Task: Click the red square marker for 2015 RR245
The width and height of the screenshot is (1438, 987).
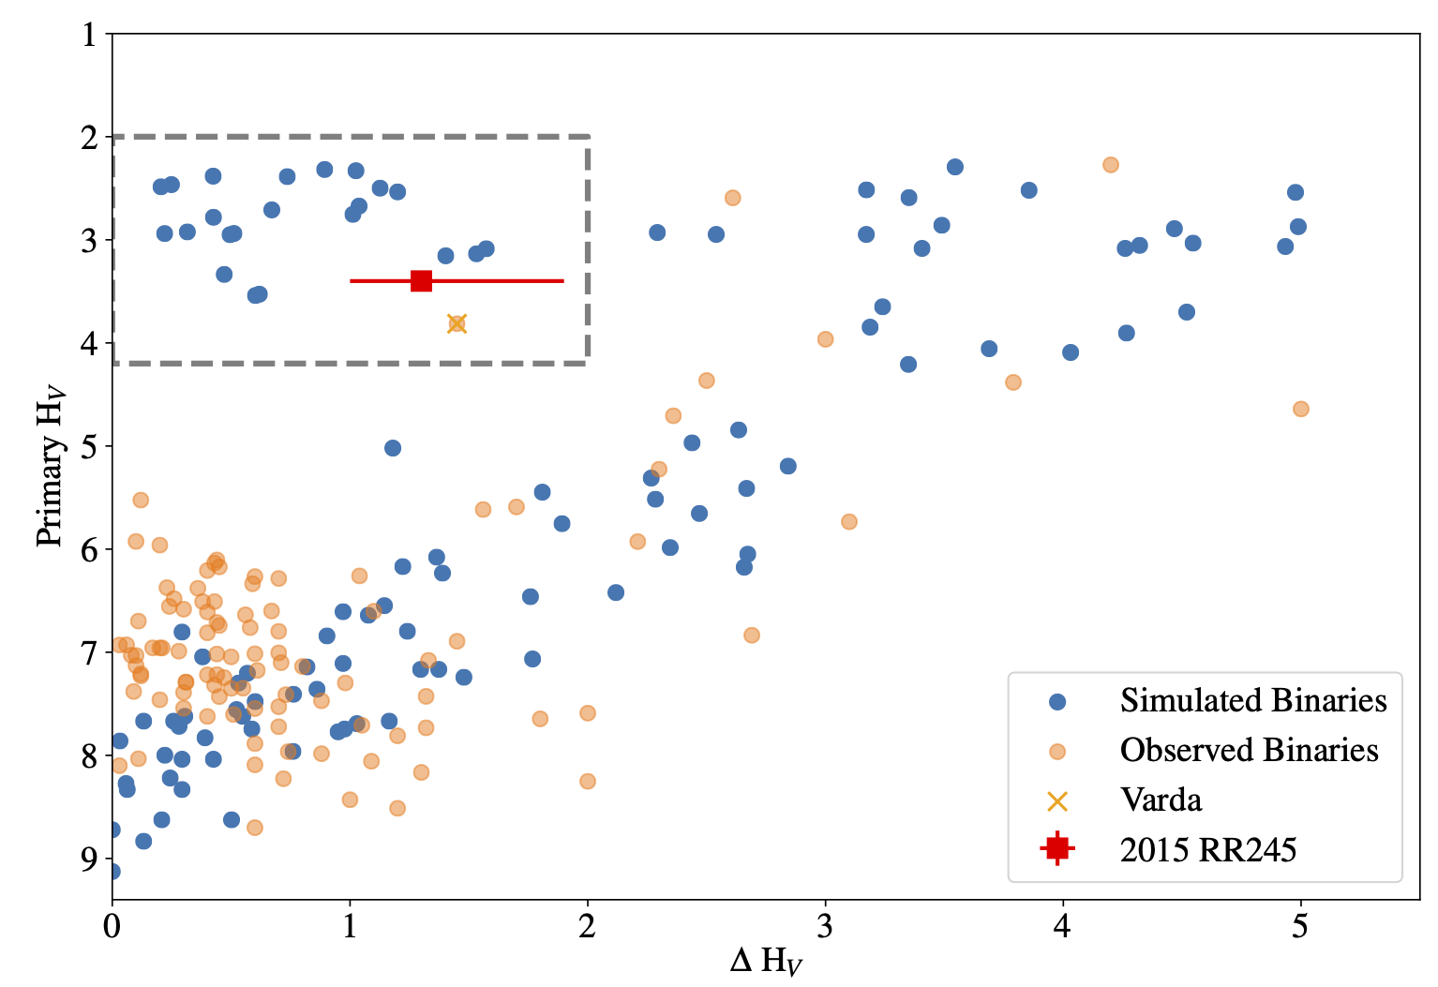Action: pyautogui.click(x=421, y=280)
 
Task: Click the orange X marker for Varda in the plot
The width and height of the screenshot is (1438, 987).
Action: pyautogui.click(x=457, y=323)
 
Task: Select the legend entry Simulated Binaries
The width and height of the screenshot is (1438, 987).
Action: pyautogui.click(x=1252, y=700)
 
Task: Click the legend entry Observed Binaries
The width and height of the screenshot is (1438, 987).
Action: pyautogui.click(x=1249, y=750)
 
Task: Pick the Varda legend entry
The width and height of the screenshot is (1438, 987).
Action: pyautogui.click(x=1161, y=800)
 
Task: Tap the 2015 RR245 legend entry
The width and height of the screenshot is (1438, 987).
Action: pyautogui.click(x=1207, y=849)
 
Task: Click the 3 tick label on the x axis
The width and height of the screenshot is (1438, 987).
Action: pyautogui.click(x=825, y=927)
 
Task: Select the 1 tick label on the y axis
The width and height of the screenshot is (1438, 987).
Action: pyautogui.click(x=89, y=35)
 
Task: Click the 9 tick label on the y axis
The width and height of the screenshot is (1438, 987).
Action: pyautogui.click(x=89, y=858)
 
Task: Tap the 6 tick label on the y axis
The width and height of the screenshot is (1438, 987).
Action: pyautogui.click(x=89, y=549)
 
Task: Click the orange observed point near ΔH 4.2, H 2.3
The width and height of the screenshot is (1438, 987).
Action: pyautogui.click(x=1111, y=165)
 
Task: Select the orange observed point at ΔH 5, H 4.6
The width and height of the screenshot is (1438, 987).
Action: pyautogui.click(x=1300, y=409)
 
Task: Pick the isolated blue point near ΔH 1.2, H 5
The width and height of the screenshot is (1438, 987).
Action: pyautogui.click(x=393, y=448)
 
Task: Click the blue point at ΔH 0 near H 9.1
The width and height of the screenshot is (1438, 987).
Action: pyautogui.click(x=112, y=872)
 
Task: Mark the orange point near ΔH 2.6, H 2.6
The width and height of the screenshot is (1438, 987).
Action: pyautogui.click(x=732, y=198)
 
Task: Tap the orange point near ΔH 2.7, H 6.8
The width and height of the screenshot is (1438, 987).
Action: pyautogui.click(x=751, y=636)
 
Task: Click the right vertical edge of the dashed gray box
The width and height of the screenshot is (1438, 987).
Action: pyautogui.click(x=588, y=248)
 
